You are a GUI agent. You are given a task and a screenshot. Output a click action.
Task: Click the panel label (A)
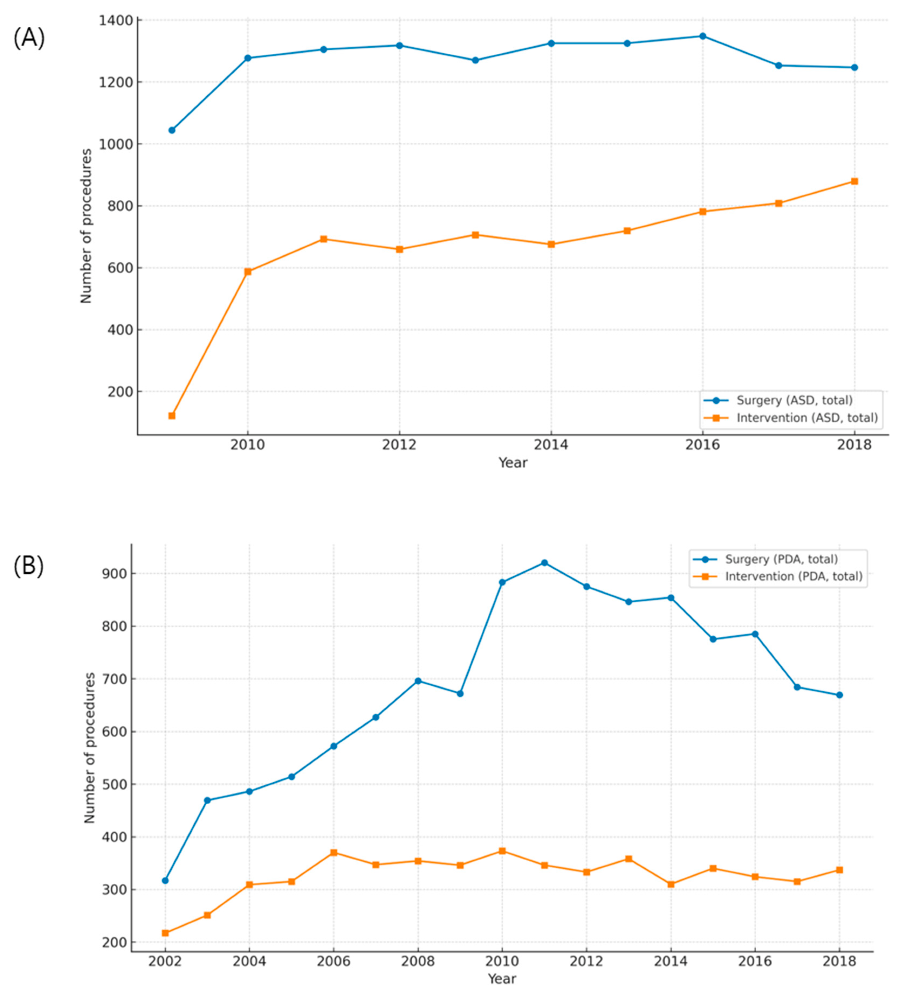pos(29,38)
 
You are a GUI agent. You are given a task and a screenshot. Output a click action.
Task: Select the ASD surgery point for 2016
pos(703,36)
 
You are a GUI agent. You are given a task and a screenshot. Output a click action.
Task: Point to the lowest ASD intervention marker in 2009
pos(172,416)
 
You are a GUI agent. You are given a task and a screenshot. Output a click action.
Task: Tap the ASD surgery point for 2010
pos(248,58)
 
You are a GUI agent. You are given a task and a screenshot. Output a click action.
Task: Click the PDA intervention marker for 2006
pos(333,852)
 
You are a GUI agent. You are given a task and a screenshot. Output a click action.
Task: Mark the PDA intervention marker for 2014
pos(671,884)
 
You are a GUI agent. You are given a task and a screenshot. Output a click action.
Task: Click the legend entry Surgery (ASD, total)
pos(794,400)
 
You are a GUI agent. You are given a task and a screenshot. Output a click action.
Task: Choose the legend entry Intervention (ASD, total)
pos(806,418)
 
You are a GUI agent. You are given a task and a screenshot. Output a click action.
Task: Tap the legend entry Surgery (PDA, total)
pos(781,559)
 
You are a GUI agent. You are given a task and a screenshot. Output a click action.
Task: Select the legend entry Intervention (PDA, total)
pos(793,576)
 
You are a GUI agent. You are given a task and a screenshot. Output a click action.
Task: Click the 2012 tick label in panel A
pos(399,445)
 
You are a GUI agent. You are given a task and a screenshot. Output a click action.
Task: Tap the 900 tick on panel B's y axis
pos(115,574)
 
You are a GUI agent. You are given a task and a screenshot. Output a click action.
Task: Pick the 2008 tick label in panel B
pos(418,961)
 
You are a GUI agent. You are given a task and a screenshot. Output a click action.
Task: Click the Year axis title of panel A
pos(513,463)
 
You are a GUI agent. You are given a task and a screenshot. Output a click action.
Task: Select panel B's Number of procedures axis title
pos(90,748)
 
